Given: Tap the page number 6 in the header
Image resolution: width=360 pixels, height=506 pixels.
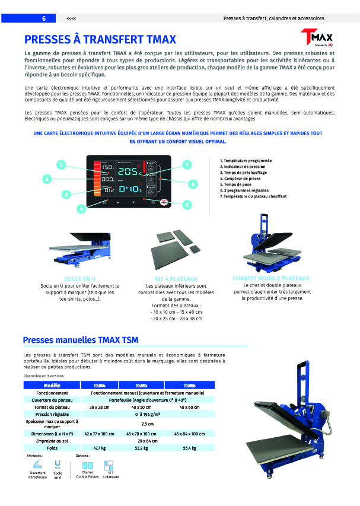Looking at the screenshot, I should [x=43, y=18].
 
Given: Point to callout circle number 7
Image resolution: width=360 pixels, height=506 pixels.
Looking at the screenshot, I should [x=187, y=164].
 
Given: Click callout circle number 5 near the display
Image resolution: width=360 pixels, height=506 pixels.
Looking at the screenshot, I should [x=187, y=205].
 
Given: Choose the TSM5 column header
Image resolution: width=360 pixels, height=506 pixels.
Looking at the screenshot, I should [x=141, y=385].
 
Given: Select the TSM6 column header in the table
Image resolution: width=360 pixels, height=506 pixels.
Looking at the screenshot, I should [x=189, y=385].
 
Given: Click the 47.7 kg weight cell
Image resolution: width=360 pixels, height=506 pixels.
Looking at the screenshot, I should [x=99, y=448].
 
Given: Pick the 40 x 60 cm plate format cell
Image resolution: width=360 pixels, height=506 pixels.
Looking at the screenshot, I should [x=189, y=407].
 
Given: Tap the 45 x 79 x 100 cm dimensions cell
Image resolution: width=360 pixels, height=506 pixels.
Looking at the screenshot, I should [x=141, y=434].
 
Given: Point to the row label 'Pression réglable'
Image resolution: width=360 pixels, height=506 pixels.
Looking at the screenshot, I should [x=52, y=414].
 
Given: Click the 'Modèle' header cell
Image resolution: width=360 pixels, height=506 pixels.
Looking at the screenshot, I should [x=52, y=385].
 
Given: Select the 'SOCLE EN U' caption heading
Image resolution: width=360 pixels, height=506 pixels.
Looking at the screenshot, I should [x=80, y=278].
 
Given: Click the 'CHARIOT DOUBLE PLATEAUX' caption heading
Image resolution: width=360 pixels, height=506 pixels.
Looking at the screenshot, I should [x=271, y=278].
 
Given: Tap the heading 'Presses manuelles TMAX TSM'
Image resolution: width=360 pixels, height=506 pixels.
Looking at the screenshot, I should [x=80, y=340].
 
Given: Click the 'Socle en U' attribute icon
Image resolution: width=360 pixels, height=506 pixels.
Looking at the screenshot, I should [x=58, y=465].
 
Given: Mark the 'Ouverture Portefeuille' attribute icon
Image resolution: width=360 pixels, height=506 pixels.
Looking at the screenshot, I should [x=37, y=465].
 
